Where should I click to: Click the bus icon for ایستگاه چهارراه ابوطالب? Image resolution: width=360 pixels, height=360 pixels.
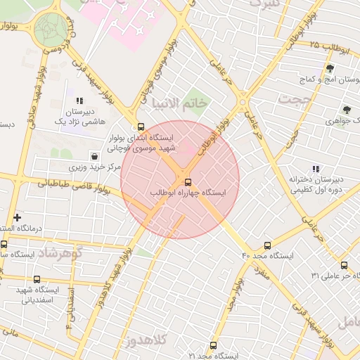186,182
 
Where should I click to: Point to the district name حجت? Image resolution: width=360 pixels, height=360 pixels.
293,99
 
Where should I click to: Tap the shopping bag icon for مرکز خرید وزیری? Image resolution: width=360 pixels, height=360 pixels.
94,155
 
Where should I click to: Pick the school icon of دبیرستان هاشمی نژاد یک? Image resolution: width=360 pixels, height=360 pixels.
79,101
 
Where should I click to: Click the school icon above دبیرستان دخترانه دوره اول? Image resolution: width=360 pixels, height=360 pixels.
316,169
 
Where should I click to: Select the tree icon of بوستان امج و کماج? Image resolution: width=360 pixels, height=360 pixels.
330,68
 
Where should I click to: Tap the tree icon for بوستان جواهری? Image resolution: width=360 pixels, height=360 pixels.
347,110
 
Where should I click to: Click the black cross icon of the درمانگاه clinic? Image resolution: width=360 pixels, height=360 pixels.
17,217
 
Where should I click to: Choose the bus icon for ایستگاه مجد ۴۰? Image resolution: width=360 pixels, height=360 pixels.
267,245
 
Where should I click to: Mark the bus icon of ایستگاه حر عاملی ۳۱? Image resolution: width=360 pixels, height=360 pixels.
344,265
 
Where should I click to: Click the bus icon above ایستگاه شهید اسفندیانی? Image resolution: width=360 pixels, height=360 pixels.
37,278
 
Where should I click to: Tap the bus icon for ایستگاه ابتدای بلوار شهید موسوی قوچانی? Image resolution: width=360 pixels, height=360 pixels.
141,127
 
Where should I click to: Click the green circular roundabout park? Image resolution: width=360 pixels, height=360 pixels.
51,28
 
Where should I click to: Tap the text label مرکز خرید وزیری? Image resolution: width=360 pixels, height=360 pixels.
96,168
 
